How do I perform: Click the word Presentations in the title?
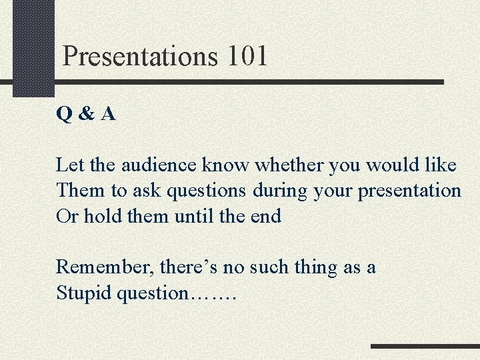click(140, 57)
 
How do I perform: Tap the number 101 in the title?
click(247, 56)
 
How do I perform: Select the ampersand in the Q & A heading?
click(86, 115)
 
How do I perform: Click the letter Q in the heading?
click(65, 115)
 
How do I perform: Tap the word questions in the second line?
click(207, 191)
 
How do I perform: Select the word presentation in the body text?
click(409, 191)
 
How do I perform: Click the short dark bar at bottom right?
click(425, 347)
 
